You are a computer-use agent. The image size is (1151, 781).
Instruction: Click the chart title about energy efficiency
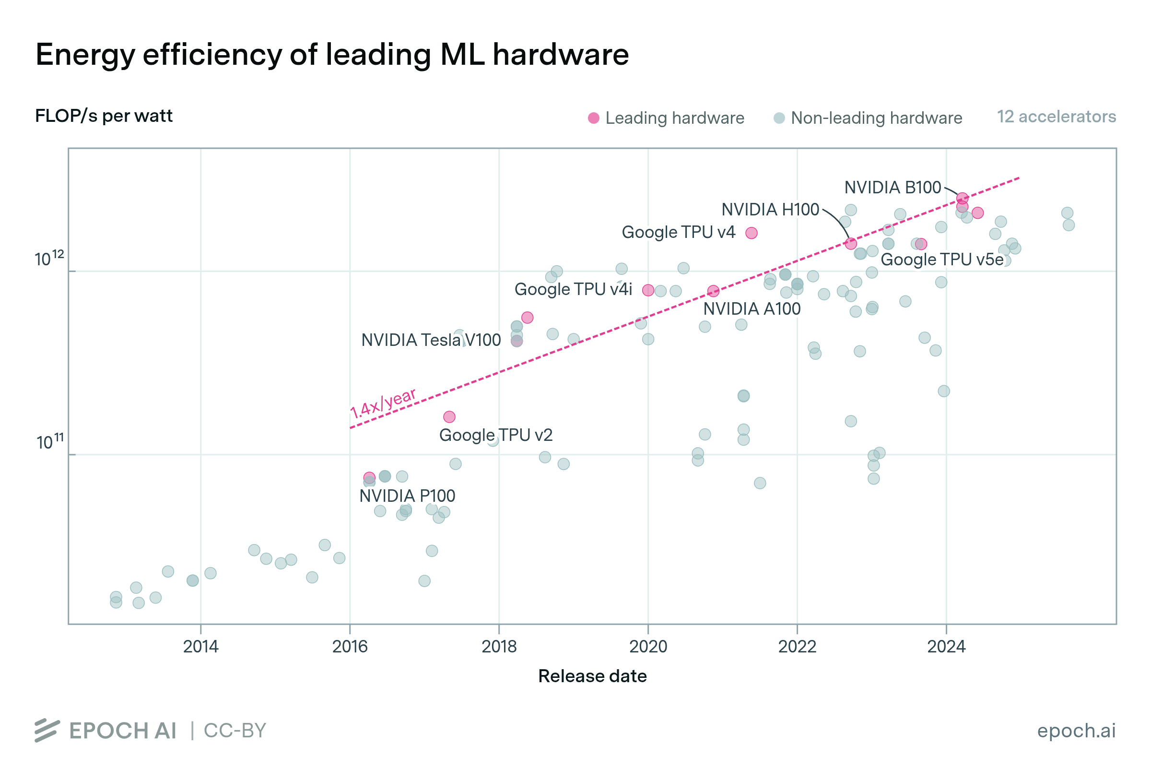tap(332, 55)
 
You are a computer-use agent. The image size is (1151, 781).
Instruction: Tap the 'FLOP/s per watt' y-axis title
tap(104, 116)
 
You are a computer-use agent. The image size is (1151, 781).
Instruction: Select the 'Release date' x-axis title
tap(592, 676)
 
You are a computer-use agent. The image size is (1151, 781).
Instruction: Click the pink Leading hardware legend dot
tap(593, 118)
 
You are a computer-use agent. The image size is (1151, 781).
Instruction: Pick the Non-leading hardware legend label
tap(876, 118)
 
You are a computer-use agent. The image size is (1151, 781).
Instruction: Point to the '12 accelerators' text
tap(1056, 117)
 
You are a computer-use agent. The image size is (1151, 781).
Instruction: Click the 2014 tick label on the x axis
tap(200, 646)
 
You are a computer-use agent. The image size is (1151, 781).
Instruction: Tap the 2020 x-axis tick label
tap(648, 646)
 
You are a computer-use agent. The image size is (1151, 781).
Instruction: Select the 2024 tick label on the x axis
tap(946, 646)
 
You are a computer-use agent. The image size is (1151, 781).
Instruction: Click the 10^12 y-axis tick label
tap(49, 258)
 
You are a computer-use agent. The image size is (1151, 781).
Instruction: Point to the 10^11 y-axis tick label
tap(50, 441)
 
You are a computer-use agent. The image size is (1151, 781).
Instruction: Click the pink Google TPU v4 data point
tap(752, 233)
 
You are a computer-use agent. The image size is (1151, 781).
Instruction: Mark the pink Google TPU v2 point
tap(449, 417)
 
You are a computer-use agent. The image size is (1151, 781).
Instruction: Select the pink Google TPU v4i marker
tap(648, 290)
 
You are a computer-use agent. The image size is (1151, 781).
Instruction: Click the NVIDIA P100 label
tap(407, 496)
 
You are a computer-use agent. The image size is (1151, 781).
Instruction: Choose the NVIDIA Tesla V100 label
tap(431, 341)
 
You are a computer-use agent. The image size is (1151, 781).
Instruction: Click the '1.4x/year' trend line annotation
tap(383, 403)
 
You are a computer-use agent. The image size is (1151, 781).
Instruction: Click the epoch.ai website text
tap(1076, 731)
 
